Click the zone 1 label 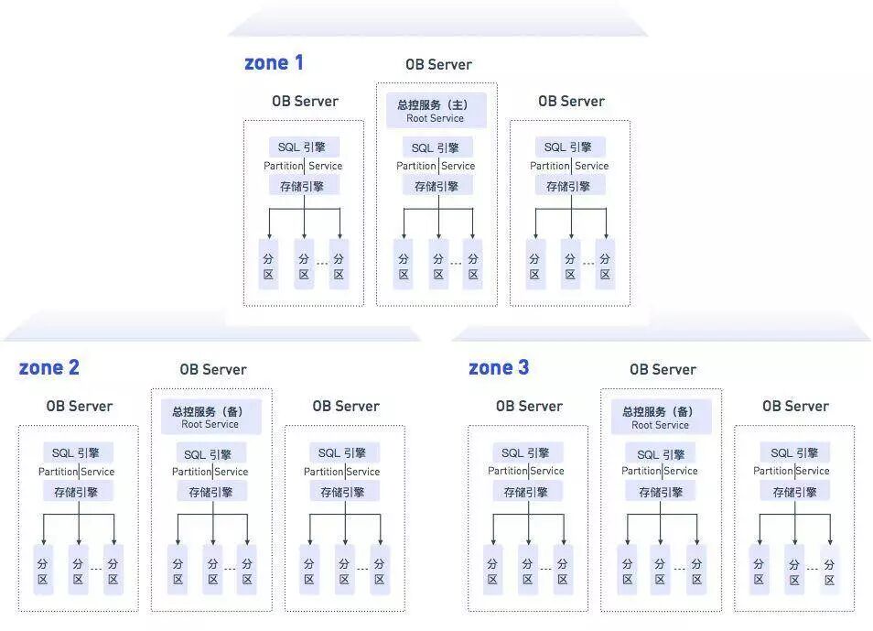pyautogui.click(x=274, y=63)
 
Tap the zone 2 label pyautogui.click(x=49, y=368)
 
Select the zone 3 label pyautogui.click(x=499, y=368)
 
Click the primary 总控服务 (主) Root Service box pyautogui.click(x=436, y=111)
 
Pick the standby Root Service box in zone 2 pyautogui.click(x=210, y=418)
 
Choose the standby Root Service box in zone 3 pyautogui.click(x=660, y=418)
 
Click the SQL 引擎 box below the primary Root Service pyautogui.click(x=436, y=147)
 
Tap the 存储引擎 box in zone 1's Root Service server pyautogui.click(x=436, y=186)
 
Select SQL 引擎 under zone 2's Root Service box pyautogui.click(x=211, y=454)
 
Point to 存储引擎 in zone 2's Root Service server pyautogui.click(x=211, y=492)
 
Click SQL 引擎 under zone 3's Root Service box pyautogui.click(x=660, y=454)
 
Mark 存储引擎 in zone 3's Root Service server pyautogui.click(x=660, y=492)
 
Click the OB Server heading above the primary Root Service pyautogui.click(x=438, y=65)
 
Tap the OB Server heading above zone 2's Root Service pyautogui.click(x=213, y=370)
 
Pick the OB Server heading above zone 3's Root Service pyautogui.click(x=663, y=370)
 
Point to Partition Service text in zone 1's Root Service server pyautogui.click(x=436, y=166)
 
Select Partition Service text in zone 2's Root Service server pyautogui.click(x=210, y=472)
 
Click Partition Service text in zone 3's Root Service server pyautogui.click(x=660, y=471)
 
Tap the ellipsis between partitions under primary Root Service pyautogui.click(x=456, y=265)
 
